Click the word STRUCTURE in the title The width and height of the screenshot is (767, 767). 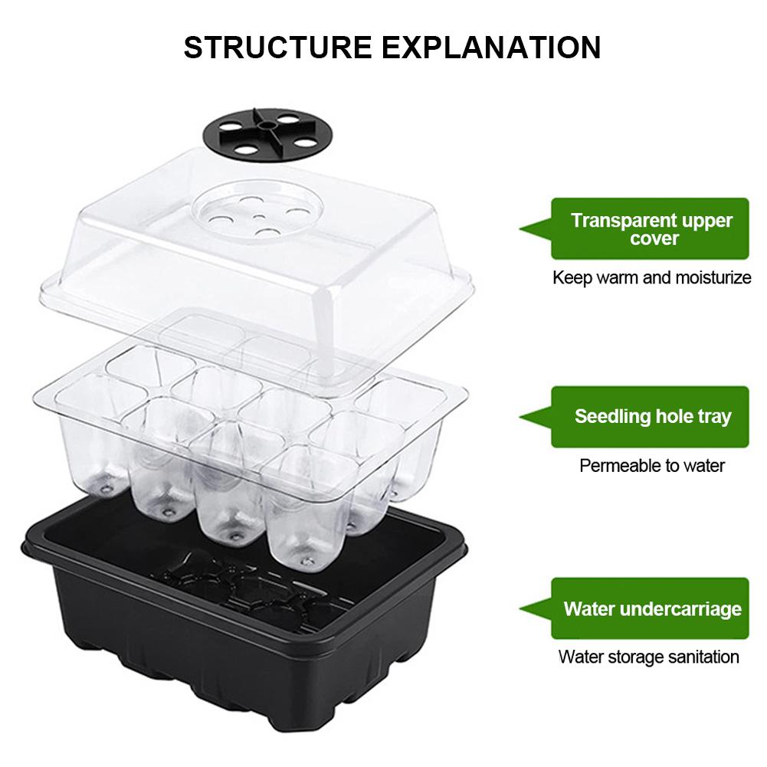tap(277, 48)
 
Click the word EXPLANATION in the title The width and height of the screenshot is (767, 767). tap(491, 48)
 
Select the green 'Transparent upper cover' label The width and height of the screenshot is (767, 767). tap(650, 228)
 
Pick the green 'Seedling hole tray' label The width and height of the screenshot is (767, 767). tap(650, 417)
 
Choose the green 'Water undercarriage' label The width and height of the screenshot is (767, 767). tap(650, 608)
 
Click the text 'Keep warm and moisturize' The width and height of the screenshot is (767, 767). tap(651, 277)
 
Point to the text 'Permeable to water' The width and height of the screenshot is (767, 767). tap(651, 465)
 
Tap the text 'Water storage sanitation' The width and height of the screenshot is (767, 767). tap(649, 657)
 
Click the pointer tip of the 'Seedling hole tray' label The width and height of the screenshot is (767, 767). tap(520, 418)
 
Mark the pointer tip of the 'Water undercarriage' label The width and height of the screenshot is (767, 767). tap(520, 609)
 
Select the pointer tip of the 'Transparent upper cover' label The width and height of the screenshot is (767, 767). tap(520, 228)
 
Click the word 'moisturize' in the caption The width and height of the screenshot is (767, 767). tap(713, 277)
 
